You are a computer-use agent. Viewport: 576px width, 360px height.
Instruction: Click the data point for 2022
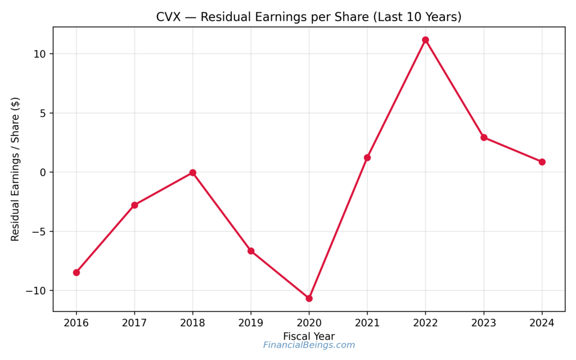pos(425,40)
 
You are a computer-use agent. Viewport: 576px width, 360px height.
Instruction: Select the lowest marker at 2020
pos(309,298)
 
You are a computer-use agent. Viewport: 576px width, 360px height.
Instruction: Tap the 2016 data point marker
pos(76,272)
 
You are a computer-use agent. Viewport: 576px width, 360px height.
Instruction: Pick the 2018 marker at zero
pos(192,173)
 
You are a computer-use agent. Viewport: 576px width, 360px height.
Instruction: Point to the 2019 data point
pos(251,251)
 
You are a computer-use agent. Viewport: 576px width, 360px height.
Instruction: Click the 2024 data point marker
pos(542,162)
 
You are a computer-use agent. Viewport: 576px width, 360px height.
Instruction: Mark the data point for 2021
pos(367,157)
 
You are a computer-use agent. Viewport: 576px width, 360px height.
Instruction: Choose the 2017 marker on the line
pos(134,205)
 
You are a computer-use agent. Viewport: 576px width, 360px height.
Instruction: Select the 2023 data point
pos(484,137)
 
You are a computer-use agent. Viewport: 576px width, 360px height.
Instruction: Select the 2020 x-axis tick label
pos(309,323)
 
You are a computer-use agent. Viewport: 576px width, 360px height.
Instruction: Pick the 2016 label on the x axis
pos(76,323)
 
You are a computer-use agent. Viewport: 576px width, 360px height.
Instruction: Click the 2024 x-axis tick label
pos(542,323)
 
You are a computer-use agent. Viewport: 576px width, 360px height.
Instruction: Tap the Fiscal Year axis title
pos(309,336)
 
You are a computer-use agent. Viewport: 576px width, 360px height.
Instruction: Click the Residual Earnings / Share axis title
pos(16,169)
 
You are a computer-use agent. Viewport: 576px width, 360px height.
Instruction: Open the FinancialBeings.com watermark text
pos(309,345)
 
